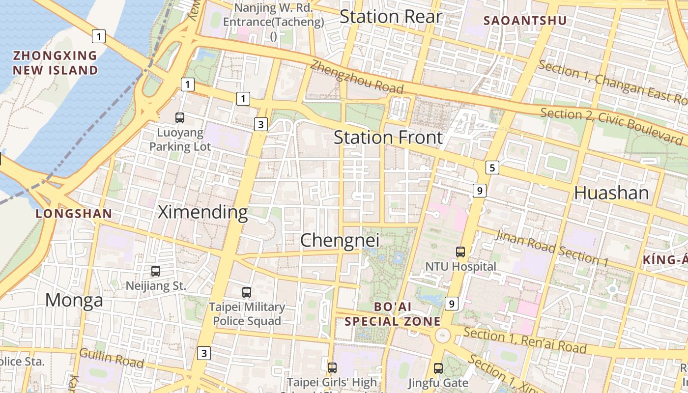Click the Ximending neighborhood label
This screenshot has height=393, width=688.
pyautogui.click(x=202, y=212)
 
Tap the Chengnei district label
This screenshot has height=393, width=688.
pyautogui.click(x=340, y=240)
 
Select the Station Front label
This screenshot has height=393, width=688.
pyautogui.click(x=388, y=138)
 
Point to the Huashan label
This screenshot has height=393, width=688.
pyautogui.click(x=611, y=193)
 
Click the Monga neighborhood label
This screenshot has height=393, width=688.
pyautogui.click(x=74, y=300)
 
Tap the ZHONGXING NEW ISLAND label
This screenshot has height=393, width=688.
pyautogui.click(x=55, y=63)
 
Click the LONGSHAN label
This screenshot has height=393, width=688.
pyautogui.click(x=74, y=214)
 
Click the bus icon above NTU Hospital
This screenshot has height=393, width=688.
pyautogui.click(x=460, y=252)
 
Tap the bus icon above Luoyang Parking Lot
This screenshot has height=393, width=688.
pyautogui.click(x=180, y=118)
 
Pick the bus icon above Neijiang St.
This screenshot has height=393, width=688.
pyautogui.click(x=156, y=271)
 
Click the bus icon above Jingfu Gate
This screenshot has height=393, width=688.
pyautogui.click(x=438, y=368)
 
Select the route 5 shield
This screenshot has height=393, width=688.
pyautogui.click(x=492, y=168)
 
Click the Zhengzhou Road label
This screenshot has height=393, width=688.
pyautogui.click(x=357, y=77)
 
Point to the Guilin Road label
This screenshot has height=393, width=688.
pyautogui.click(x=111, y=359)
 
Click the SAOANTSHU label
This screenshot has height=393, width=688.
pyautogui.click(x=525, y=21)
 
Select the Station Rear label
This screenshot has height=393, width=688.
pyautogui.click(x=391, y=17)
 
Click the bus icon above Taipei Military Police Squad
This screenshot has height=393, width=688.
pyautogui.click(x=247, y=292)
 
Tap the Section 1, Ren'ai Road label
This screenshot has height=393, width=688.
pyautogui.click(x=525, y=340)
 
